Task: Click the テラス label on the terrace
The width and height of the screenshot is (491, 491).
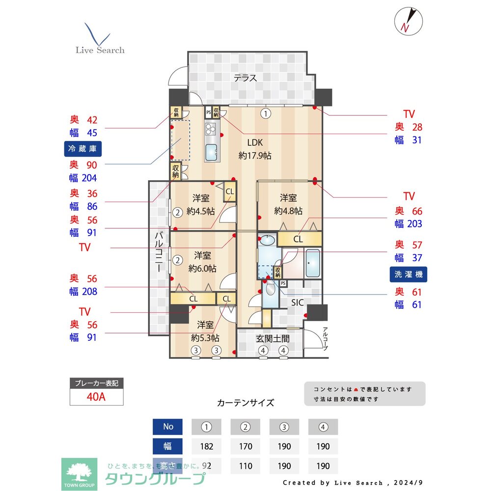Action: click(245, 78)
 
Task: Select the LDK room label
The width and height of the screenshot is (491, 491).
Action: click(255, 143)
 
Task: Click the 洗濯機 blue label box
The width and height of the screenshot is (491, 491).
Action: click(408, 274)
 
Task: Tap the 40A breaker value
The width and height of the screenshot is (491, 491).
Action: click(96, 397)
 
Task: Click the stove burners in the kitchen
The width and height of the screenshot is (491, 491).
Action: click(211, 130)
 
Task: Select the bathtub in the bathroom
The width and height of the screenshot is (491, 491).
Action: click(312, 263)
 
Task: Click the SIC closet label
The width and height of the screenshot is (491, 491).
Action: click(298, 302)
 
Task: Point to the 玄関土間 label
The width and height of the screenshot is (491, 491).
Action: click(272, 338)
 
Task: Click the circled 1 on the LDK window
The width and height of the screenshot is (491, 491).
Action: click(266, 113)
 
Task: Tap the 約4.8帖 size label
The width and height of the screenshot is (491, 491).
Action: click(288, 211)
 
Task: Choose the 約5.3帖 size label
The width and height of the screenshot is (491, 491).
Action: click(205, 338)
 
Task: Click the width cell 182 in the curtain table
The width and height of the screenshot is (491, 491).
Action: click(206, 446)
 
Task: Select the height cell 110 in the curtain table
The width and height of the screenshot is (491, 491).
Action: click(245, 465)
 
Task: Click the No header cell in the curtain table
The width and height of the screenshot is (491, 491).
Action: click(168, 427)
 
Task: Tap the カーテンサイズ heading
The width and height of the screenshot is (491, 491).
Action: click(245, 403)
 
